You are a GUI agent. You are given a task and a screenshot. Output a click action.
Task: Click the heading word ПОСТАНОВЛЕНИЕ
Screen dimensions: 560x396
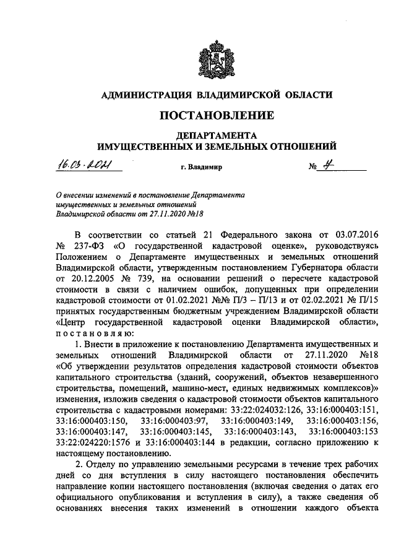(x=217, y=115)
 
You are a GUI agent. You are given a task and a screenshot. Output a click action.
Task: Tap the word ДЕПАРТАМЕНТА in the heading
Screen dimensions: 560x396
(x=217, y=134)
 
